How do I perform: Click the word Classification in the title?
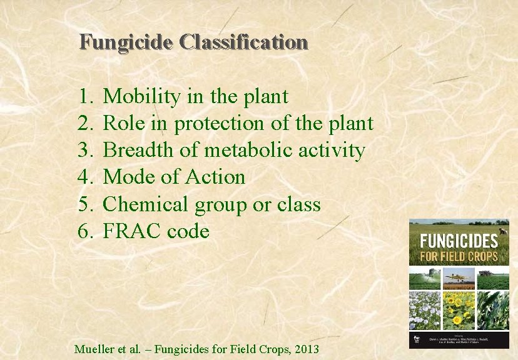[243, 42]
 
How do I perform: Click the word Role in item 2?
[122, 124]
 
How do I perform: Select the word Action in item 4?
[215, 177]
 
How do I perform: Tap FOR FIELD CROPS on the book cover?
[458, 256]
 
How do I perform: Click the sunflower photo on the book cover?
[459, 309]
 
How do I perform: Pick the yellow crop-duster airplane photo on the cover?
[459, 278]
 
